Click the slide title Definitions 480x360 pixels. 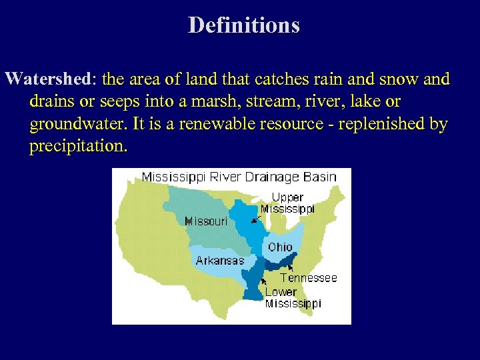coord(243,25)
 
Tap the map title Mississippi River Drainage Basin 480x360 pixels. coord(239,177)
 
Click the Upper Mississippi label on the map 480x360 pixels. coord(287,203)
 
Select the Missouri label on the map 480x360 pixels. coord(206,221)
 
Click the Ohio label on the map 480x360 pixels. coord(280,247)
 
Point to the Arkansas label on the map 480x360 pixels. coord(219,261)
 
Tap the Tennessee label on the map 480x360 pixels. coord(309,277)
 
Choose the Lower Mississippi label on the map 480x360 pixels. coord(293,297)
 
